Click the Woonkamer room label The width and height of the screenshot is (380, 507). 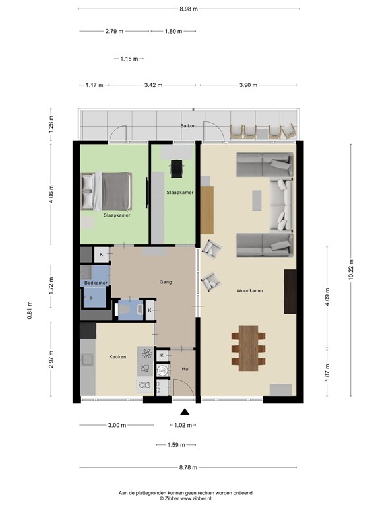250,290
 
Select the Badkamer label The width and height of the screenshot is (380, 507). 95,283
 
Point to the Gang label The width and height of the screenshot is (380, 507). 166,282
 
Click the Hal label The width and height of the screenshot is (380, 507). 185,370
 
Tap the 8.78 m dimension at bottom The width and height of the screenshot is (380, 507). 188,467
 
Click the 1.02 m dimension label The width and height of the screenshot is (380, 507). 185,425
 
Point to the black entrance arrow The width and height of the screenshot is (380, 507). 185,412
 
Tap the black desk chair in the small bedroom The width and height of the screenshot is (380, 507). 176,169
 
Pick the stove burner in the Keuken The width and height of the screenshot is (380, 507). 146,353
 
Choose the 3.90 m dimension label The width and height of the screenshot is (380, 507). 248,85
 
